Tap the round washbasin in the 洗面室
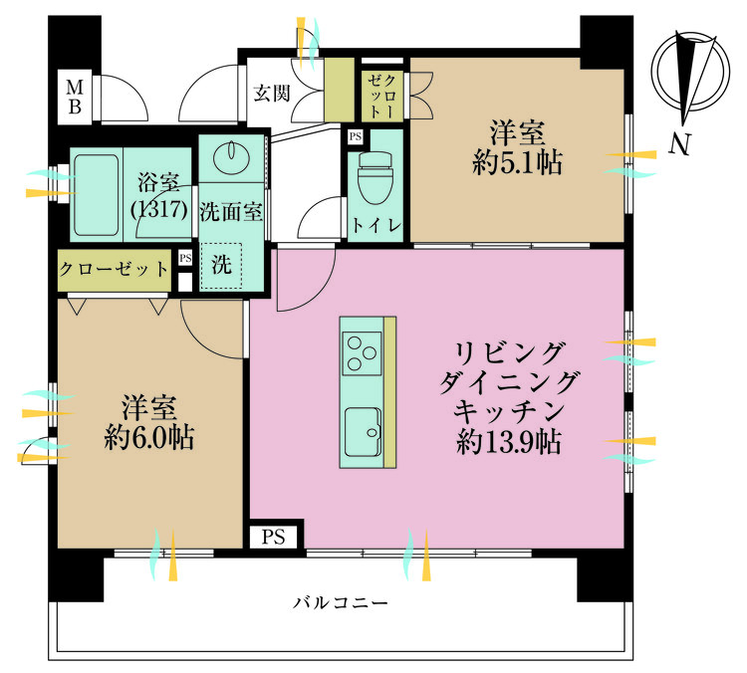232,154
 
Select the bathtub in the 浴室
96,195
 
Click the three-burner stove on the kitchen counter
362,353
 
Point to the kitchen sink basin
363,431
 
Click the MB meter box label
75,97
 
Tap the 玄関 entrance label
271,93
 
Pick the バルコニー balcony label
341,603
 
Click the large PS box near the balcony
274,537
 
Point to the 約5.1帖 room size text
517,163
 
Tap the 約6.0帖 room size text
148,437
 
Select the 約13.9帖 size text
508,441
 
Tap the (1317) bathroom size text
158,209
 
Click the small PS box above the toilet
355,137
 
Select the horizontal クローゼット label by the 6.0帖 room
114,270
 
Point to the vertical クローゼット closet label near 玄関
382,97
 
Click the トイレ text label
375,225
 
